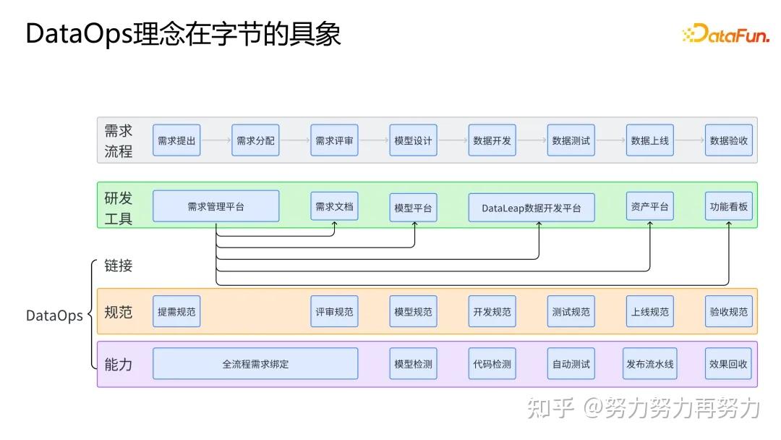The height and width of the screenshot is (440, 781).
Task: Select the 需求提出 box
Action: coord(176,140)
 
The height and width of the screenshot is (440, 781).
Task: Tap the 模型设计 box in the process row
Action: coord(413,140)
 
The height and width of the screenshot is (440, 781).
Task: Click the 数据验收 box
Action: coord(728,140)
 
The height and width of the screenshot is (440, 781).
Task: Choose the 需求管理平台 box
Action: coord(215,206)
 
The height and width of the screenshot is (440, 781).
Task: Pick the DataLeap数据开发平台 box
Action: coord(531,208)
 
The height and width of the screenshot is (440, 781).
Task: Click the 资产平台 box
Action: coord(649,206)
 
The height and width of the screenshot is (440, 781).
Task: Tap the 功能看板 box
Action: coord(728,206)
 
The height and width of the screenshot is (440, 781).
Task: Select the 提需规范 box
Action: coord(176,312)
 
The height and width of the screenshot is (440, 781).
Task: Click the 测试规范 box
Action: coord(571,312)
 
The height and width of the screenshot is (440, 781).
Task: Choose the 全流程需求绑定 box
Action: coord(255,364)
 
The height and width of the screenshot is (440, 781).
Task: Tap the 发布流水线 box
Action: coord(649,364)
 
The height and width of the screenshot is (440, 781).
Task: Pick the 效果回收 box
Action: coord(728,364)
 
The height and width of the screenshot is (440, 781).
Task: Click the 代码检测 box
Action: coord(492,364)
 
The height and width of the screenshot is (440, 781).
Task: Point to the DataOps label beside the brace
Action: coord(54,316)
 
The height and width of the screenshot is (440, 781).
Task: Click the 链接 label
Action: coord(119,266)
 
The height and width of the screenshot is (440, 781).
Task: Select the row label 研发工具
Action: coord(119,208)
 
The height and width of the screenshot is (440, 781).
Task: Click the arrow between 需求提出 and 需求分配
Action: coord(215,140)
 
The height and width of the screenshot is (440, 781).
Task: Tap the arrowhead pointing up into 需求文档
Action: coord(334,224)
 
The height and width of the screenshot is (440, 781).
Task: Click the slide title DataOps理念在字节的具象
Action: coord(183,34)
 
